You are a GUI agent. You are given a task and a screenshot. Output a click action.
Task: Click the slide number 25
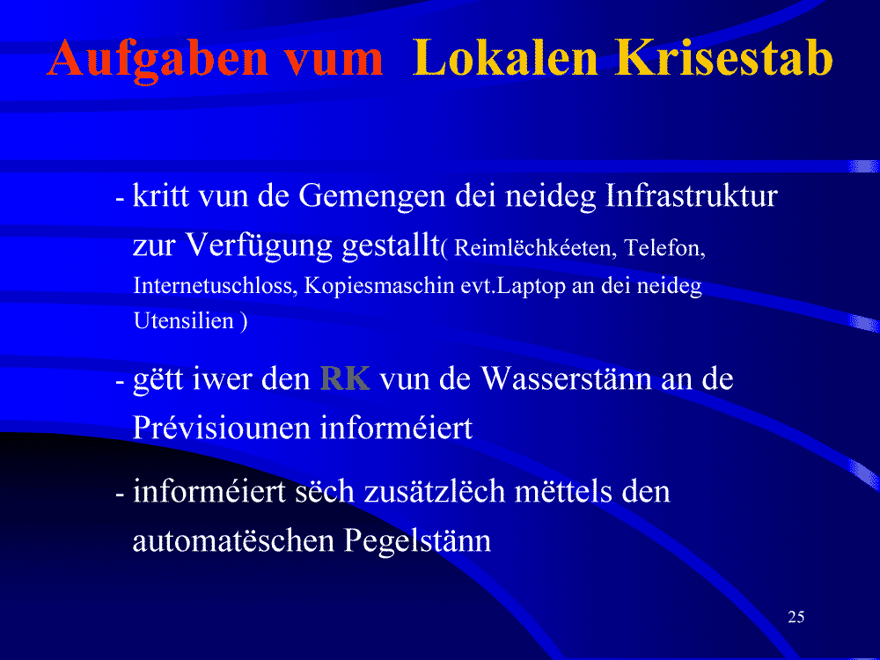click(796, 617)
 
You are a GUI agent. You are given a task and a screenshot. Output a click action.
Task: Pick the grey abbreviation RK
click(345, 378)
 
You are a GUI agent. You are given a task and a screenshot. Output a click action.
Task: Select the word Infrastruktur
click(692, 195)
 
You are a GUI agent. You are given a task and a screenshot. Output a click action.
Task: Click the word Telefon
click(664, 247)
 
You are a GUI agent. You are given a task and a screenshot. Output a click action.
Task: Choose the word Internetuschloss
click(215, 286)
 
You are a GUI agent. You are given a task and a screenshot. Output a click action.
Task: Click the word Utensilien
click(184, 320)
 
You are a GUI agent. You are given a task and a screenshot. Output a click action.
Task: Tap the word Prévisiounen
click(223, 428)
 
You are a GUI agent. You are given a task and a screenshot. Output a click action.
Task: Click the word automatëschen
click(234, 541)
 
